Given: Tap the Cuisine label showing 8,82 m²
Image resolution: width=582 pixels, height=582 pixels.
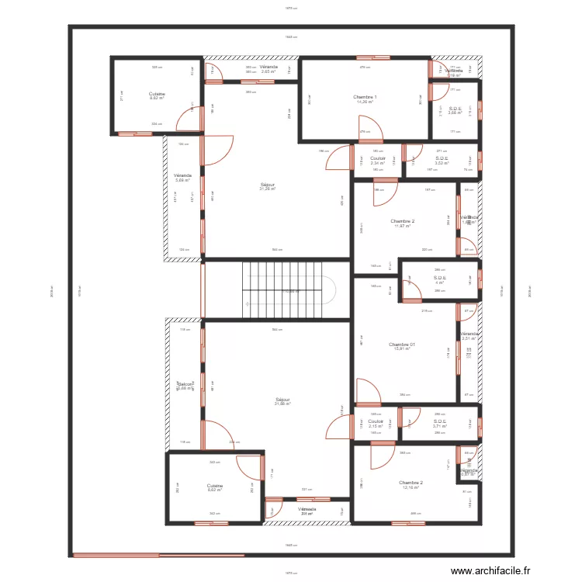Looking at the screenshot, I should [x=157, y=96].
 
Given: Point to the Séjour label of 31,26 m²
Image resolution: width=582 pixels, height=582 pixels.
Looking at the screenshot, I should [x=268, y=187].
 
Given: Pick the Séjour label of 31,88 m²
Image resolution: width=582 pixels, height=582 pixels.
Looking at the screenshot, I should [x=282, y=401].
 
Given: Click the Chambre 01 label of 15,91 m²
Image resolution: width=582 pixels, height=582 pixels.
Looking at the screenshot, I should [x=402, y=346].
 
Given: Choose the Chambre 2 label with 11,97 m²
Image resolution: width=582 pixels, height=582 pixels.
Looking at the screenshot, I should [x=402, y=223].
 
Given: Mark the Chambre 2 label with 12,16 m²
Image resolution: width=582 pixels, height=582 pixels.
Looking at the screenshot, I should [x=412, y=485].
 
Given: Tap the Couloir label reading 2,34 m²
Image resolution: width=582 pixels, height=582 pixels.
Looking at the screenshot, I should [x=378, y=161].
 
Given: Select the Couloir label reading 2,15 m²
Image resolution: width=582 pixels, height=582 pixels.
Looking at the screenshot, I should [x=376, y=424].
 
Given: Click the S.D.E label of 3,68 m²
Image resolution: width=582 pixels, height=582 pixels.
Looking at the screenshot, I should [x=456, y=110].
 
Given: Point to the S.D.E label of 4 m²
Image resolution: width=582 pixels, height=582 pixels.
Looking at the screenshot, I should [x=440, y=279].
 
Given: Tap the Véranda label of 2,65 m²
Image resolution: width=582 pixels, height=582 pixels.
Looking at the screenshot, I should [x=268, y=69].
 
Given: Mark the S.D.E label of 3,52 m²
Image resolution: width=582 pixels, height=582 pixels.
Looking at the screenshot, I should [x=442, y=161].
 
